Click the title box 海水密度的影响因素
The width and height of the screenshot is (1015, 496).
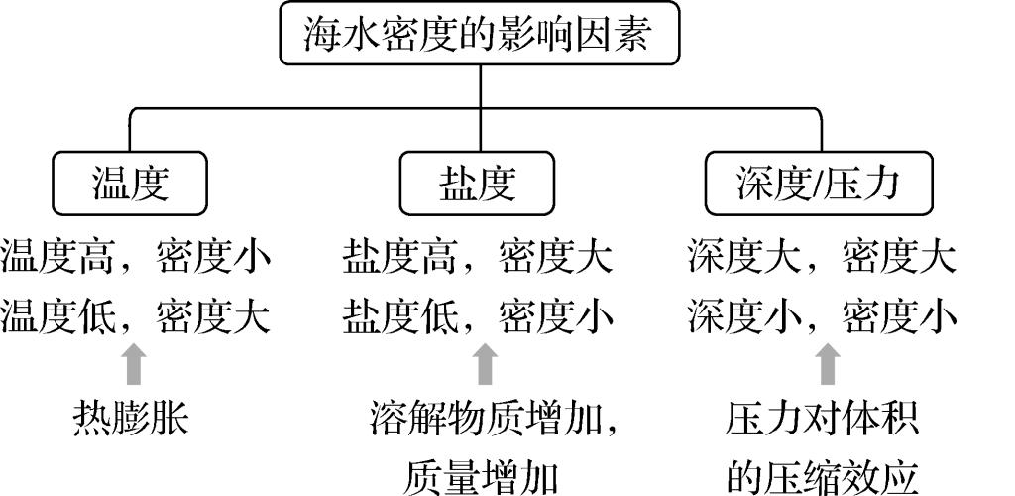point(480,35)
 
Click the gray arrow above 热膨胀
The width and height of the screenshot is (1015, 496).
point(135,364)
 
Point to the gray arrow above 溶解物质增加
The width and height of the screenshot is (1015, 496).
point(485,364)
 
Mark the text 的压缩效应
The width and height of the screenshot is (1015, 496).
point(822,477)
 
